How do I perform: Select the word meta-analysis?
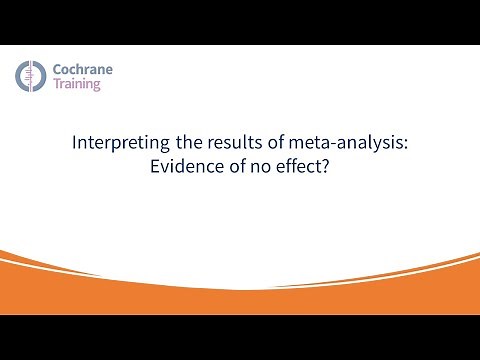(x=341, y=143)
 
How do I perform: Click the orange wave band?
(x=240, y=290)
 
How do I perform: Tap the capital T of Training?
(x=55, y=86)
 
